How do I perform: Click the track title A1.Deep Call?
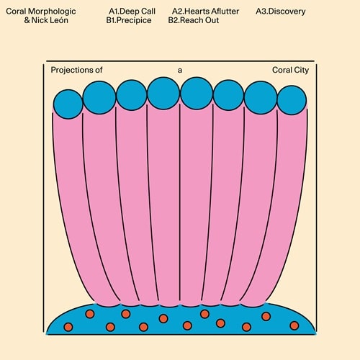[x=132, y=12]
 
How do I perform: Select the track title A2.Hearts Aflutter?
[x=205, y=12]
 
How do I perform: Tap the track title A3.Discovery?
[x=281, y=12]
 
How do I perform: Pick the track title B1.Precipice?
[x=129, y=20]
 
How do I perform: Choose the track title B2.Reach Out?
[x=194, y=20]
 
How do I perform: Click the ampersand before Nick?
[x=27, y=20]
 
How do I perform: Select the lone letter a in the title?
[x=180, y=71]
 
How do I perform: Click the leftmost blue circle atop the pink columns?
[x=68, y=104]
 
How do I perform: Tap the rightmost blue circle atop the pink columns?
[x=292, y=100]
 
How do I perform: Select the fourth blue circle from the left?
[x=163, y=93]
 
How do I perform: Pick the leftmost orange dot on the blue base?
[x=68, y=327]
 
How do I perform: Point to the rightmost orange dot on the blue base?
[x=294, y=325]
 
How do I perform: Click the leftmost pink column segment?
[x=72, y=204]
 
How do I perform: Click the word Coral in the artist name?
[x=16, y=12]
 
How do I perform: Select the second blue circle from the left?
[x=99, y=97]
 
